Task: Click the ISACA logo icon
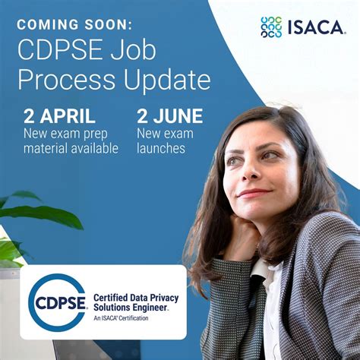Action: [x=271, y=27]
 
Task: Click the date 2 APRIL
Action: [x=59, y=116]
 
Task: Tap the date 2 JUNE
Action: [x=169, y=116]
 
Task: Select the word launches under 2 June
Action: [x=161, y=148]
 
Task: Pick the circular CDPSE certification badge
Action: [x=57, y=302]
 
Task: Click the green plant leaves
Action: [x=30, y=216]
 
